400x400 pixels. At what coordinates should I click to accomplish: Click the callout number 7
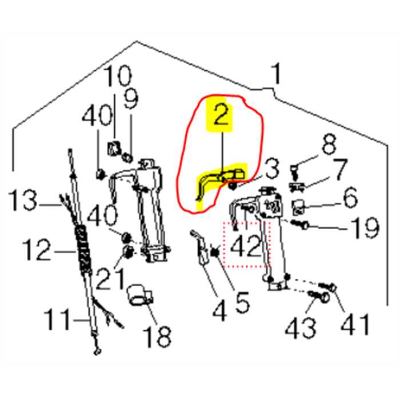point(340,169)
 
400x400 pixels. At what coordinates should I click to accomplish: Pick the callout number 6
point(350,197)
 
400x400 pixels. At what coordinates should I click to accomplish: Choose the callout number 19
point(365,228)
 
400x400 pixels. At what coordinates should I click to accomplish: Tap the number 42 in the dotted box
point(245,246)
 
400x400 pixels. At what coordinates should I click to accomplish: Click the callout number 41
point(355,324)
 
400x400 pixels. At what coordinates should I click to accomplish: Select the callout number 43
point(301,328)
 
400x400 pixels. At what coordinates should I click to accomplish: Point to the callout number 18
point(157,337)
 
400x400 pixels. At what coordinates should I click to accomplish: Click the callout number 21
point(111,280)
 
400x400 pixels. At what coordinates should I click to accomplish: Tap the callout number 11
point(57,319)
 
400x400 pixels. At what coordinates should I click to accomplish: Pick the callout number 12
point(37,250)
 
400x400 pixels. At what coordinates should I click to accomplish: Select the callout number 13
point(22,200)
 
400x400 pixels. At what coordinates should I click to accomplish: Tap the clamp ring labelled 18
point(140,295)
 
